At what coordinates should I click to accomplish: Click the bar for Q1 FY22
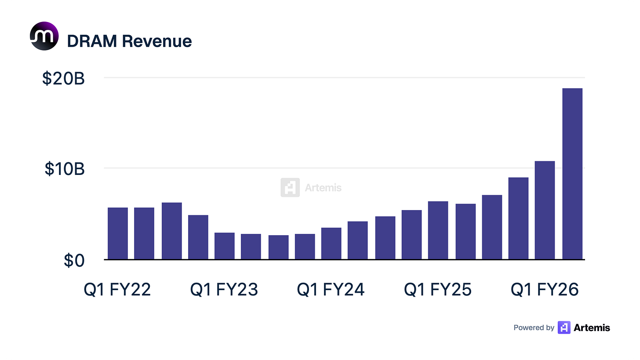pos(118,233)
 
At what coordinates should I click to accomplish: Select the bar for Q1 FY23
pos(225,246)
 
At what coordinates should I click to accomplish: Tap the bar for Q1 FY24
pos(331,244)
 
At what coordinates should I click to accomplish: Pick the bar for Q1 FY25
pos(438,230)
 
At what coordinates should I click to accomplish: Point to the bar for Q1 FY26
pos(545,210)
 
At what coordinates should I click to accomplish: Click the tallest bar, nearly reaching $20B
pos(572,174)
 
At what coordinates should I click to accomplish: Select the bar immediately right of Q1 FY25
pos(466,232)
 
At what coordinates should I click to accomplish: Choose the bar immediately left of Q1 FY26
pos(519,218)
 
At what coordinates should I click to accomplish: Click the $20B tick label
pos(63,78)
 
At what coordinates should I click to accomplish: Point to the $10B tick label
pos(65,169)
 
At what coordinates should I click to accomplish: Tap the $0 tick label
pos(74,260)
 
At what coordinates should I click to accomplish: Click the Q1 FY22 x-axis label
pos(117,289)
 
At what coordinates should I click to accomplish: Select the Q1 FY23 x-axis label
pos(224,289)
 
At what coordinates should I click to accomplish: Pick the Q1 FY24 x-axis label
pos(331,289)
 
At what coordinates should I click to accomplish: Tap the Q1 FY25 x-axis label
pos(438,289)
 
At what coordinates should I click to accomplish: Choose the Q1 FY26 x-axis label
pos(545,289)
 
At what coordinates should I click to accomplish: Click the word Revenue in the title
pos(157,41)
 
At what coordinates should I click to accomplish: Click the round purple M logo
pos(44,36)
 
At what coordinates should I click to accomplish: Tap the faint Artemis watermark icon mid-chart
pos(290,187)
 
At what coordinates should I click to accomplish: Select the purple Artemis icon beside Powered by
pos(564,327)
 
